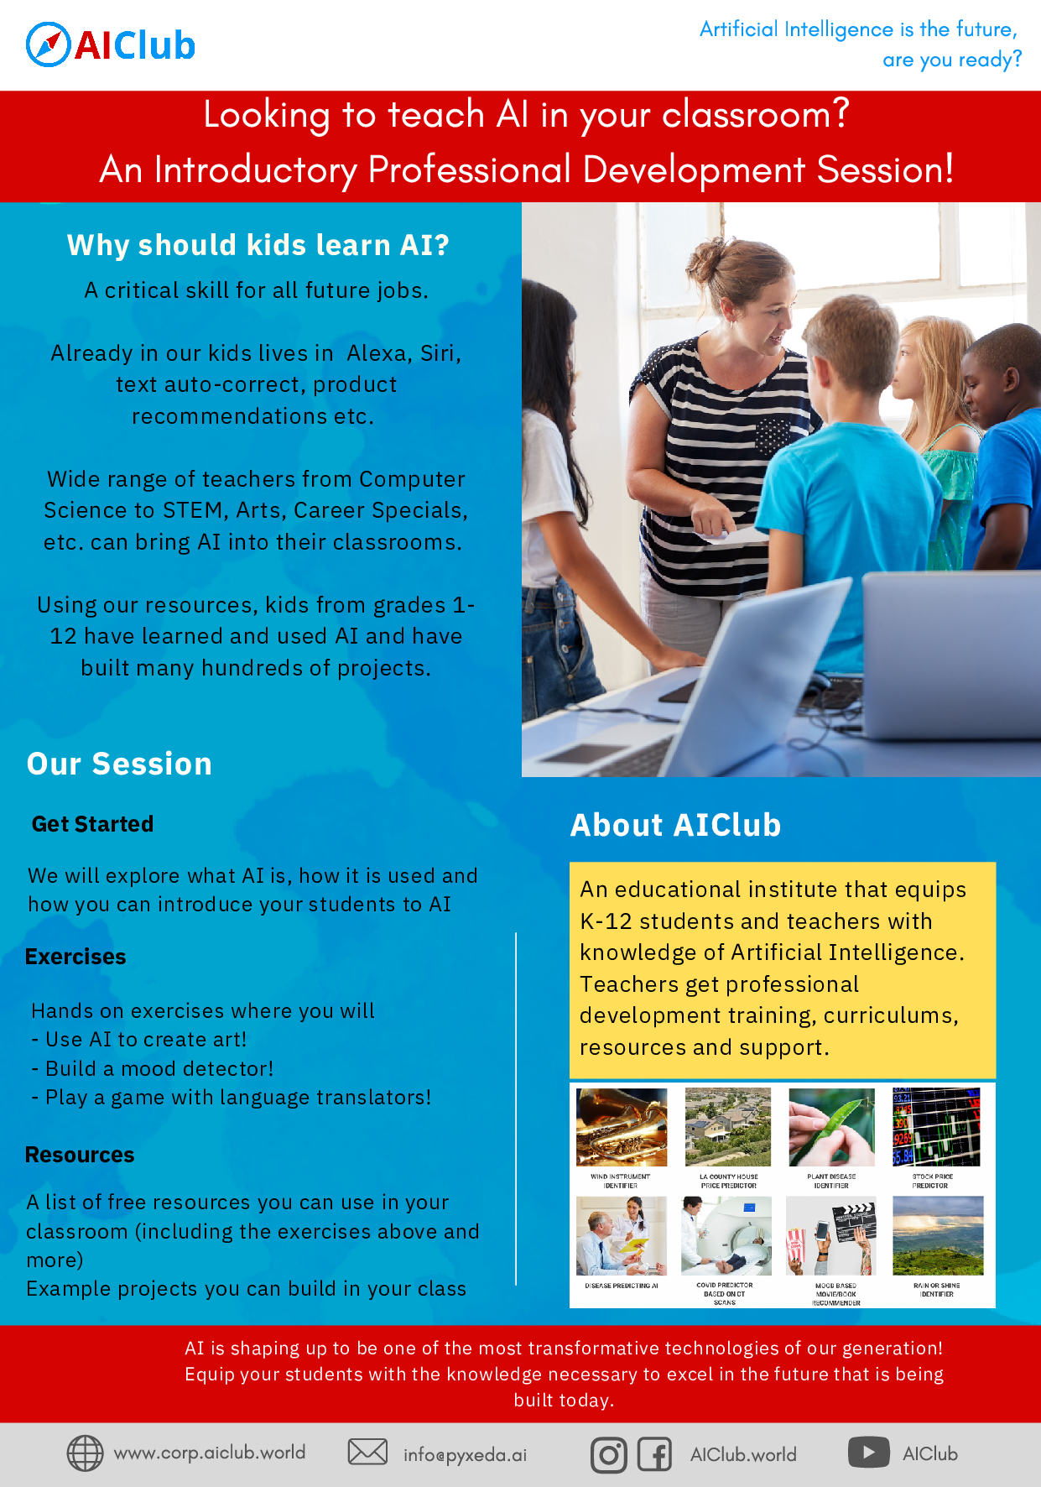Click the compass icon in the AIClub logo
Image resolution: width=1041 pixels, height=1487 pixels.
tap(48, 44)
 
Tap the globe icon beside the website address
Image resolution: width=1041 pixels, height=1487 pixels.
tap(85, 1453)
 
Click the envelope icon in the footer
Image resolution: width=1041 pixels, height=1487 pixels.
tap(367, 1452)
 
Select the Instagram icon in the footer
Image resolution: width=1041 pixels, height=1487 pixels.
tap(608, 1455)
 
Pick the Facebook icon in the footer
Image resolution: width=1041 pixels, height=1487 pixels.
tap(654, 1454)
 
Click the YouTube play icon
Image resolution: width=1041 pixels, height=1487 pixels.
tap(868, 1452)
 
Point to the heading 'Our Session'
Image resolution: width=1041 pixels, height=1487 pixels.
tap(119, 764)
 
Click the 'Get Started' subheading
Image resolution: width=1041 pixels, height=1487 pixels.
tap(92, 824)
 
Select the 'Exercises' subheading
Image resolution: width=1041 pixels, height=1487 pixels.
tap(75, 957)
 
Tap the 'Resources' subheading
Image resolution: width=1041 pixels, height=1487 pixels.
tap(80, 1155)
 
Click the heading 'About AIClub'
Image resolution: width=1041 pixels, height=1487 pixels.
tap(675, 825)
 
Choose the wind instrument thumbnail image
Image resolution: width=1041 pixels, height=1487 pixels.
tap(622, 1127)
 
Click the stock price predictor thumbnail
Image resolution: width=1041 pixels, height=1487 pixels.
tap(936, 1127)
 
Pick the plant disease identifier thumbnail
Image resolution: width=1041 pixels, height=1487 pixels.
tap(831, 1127)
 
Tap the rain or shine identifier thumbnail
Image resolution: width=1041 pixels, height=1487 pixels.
tap(938, 1235)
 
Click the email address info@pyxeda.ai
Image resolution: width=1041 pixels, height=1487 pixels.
tap(465, 1454)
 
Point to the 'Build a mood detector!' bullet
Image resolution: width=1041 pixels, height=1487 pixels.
tap(159, 1068)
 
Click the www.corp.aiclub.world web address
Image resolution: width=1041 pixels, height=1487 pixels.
tap(210, 1453)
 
